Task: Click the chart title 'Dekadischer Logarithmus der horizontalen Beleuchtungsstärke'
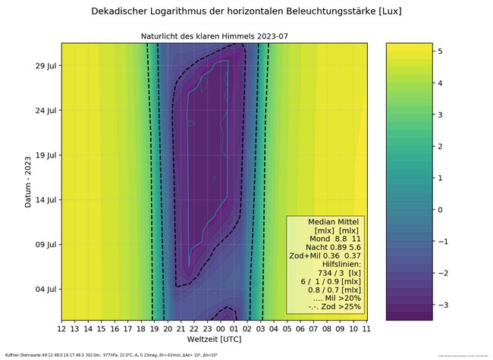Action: [246, 12]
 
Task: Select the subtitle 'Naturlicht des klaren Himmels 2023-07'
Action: [215, 36]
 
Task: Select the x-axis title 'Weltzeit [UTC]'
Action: [215, 340]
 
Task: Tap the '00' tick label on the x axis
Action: [221, 329]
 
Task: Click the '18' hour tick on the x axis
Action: [141, 329]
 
